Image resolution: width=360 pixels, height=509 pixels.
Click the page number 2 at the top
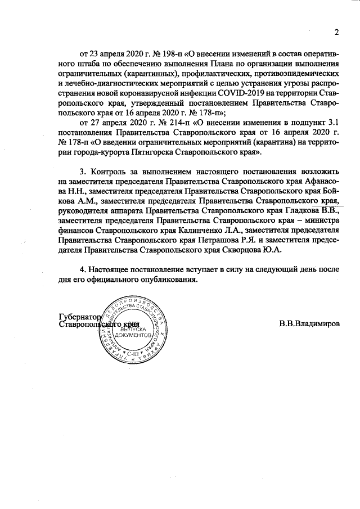pos(336,32)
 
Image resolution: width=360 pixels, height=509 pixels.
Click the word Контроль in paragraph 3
pos(112,172)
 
